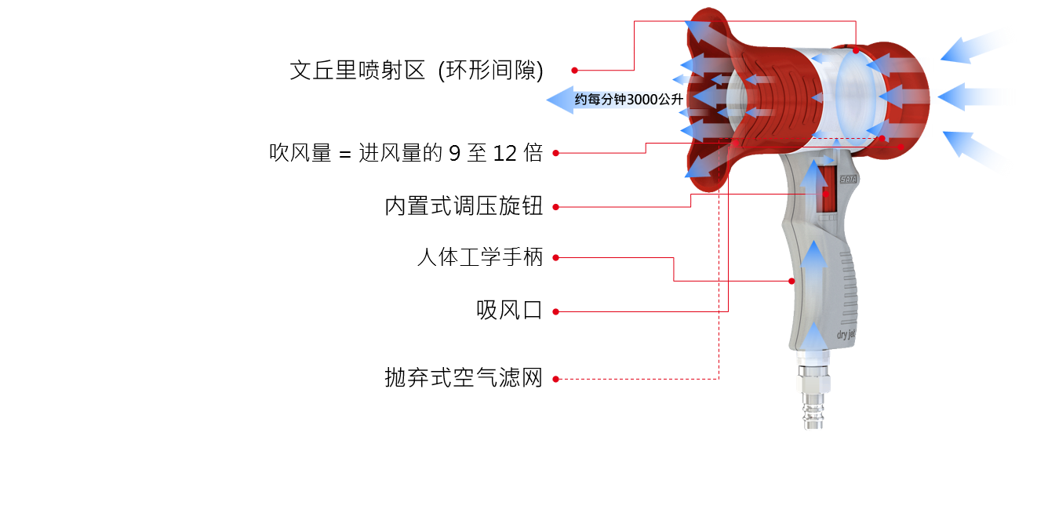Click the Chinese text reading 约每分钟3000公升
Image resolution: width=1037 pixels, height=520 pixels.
pos(628,100)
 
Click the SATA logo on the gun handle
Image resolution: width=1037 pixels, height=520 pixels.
pos(849,179)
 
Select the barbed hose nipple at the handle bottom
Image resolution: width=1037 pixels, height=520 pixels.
pos(810,411)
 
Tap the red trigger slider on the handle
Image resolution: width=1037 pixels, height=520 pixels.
pos(826,193)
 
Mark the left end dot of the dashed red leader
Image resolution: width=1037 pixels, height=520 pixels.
pos(555,379)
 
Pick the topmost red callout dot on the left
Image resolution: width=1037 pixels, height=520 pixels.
pos(574,70)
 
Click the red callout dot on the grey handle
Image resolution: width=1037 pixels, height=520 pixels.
pos(791,281)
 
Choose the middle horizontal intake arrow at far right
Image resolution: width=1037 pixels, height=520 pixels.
pos(977,97)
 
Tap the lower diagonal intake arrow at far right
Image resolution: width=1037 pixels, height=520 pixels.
pos(978,151)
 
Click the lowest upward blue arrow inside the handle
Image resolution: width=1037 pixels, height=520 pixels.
pos(814,333)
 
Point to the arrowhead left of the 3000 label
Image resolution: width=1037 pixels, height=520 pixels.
pos(559,100)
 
